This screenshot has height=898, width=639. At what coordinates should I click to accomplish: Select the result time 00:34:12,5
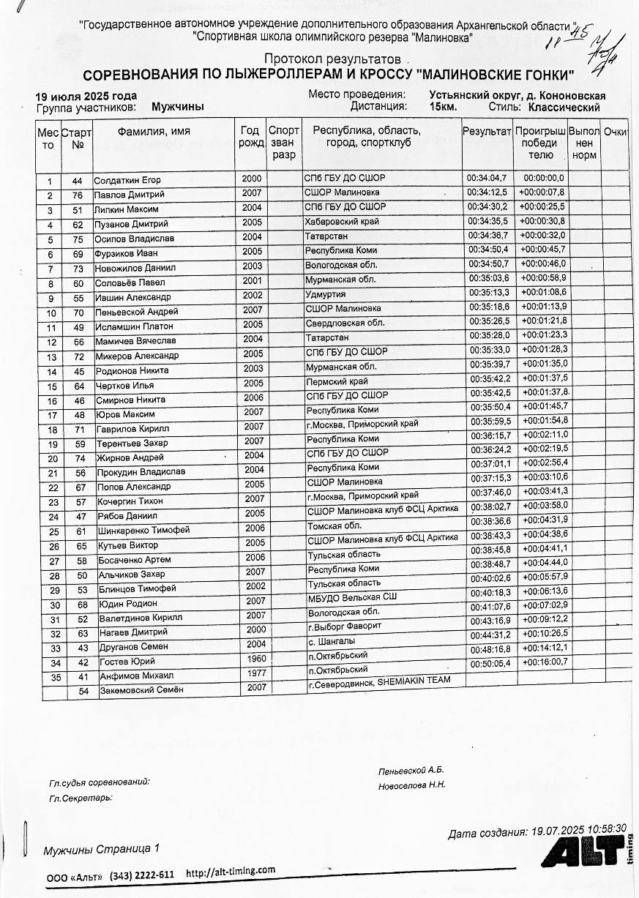[x=487, y=192]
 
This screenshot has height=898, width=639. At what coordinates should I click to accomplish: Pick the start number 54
[x=83, y=690]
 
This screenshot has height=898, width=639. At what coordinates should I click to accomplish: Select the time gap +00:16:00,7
[x=543, y=662]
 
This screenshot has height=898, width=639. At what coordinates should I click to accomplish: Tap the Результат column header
[x=487, y=132]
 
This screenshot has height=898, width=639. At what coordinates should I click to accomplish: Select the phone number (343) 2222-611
[x=142, y=875]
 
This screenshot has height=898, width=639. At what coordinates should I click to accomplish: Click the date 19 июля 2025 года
[x=86, y=96]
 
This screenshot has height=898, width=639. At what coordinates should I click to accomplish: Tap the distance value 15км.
[x=444, y=107]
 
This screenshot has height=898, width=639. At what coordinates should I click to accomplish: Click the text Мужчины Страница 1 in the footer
[x=101, y=849]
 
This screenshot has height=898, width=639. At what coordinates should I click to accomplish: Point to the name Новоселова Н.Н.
[x=411, y=785]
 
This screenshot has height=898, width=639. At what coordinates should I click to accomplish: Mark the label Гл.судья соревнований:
[x=100, y=782]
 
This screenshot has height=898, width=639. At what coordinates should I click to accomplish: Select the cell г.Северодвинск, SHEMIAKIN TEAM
[x=378, y=681]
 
